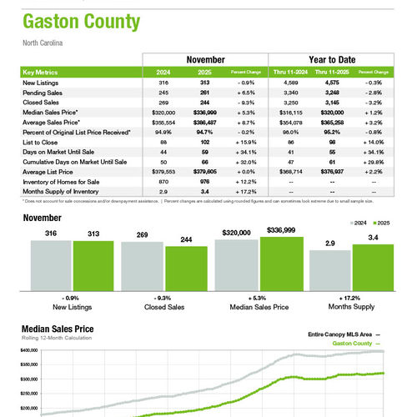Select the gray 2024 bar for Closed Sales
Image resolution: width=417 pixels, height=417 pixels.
point(142,266)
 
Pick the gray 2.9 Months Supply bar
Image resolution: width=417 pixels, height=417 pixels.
point(329,270)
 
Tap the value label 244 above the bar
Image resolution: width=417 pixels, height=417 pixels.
point(186,240)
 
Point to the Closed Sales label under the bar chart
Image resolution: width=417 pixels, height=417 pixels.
point(164,307)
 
